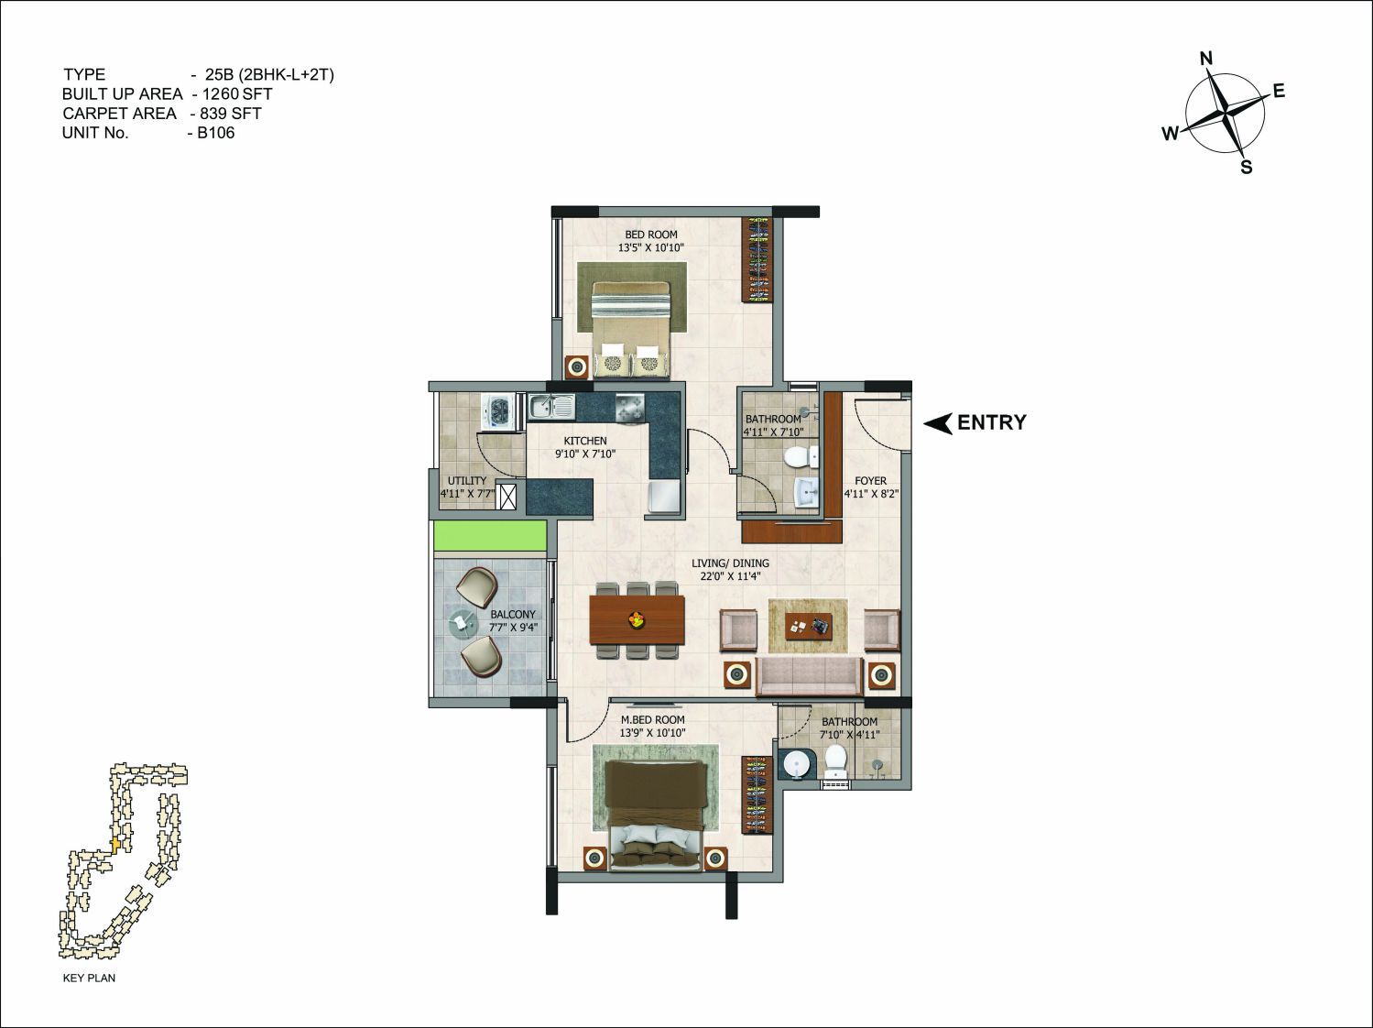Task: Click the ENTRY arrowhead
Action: point(938,423)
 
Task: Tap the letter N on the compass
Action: point(1206,59)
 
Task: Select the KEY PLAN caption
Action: point(89,978)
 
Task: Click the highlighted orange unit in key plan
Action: point(115,844)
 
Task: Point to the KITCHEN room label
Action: point(585,441)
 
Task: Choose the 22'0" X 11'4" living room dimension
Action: point(730,576)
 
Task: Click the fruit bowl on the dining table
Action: point(637,619)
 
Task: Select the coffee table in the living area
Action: point(808,627)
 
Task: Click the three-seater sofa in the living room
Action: point(810,676)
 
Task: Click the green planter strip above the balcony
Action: point(490,536)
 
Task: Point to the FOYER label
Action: point(870,481)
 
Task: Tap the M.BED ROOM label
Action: point(652,720)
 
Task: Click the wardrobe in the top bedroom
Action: point(757,259)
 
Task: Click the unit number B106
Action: point(216,133)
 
